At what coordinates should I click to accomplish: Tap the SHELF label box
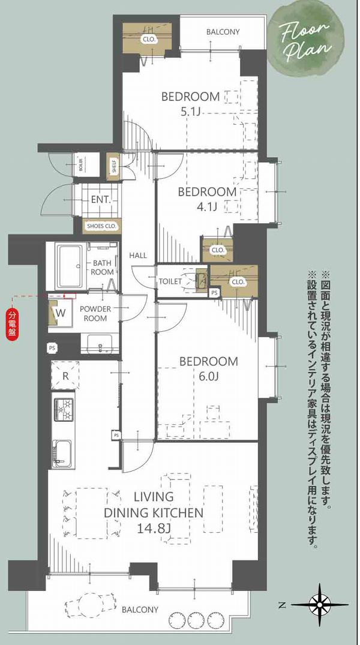(x=113, y=166)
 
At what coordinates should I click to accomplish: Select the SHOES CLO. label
(x=101, y=226)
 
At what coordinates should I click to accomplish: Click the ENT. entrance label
(x=101, y=200)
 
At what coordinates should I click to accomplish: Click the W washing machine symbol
(x=61, y=313)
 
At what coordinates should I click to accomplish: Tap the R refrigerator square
(x=65, y=375)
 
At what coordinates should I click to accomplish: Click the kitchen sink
(x=62, y=454)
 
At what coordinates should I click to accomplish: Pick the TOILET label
(x=170, y=281)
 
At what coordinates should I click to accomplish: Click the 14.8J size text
(x=153, y=528)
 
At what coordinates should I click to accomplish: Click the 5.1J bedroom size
(x=190, y=111)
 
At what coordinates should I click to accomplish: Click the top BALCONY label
(x=223, y=32)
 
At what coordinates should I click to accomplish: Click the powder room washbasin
(x=100, y=343)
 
